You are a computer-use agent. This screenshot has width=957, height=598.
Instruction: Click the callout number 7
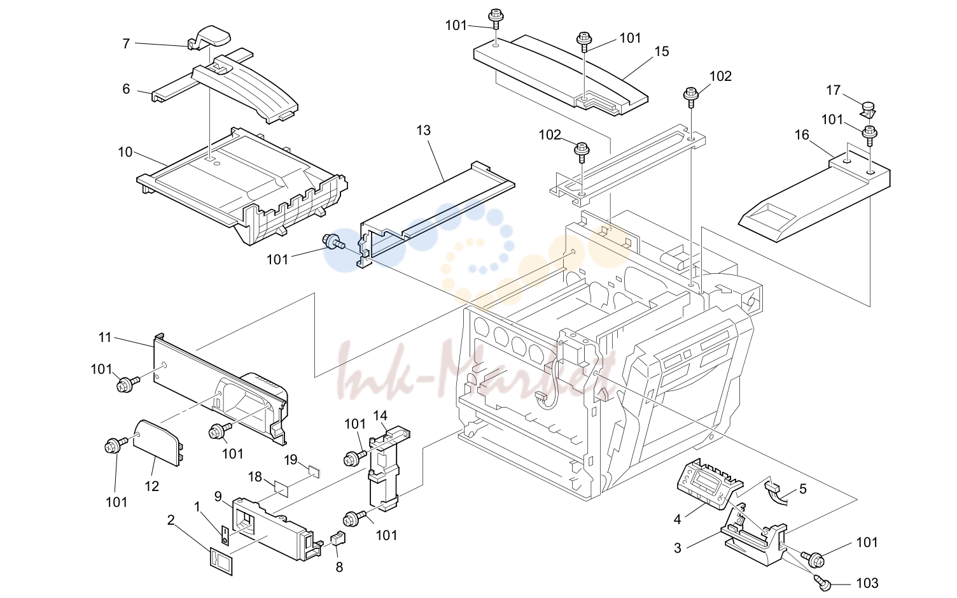tap(126, 43)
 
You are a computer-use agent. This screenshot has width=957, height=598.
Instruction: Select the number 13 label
tap(423, 131)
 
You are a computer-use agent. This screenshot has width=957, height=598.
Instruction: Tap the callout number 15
tap(661, 52)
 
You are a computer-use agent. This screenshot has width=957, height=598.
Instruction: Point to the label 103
tap(867, 583)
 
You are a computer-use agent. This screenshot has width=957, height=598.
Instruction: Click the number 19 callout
tap(291, 460)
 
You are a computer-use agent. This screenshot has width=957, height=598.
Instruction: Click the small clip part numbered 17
tap(867, 110)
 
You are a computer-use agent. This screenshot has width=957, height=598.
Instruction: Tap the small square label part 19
tap(315, 471)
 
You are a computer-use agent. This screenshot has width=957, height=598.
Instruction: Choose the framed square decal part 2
tap(221, 561)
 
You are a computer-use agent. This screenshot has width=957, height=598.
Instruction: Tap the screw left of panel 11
tap(128, 383)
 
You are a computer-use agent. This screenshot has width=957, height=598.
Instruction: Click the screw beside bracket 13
tap(334, 243)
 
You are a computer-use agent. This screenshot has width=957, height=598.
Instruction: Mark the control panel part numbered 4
tap(709, 484)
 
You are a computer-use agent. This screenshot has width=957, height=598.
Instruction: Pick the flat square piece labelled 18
tap(282, 487)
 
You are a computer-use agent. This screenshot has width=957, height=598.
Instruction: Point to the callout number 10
tap(125, 152)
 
